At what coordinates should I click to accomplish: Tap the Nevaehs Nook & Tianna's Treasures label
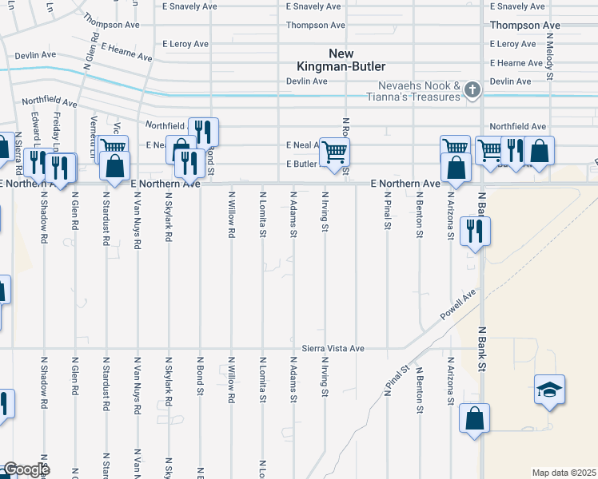[420, 91]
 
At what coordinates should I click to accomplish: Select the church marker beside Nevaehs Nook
[472, 89]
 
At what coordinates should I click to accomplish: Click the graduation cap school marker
[549, 390]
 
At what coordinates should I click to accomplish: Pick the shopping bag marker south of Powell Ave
[474, 418]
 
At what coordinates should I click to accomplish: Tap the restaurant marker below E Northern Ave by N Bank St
[475, 232]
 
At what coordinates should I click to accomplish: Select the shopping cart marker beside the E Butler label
[335, 151]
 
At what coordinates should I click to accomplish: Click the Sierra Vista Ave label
[333, 349]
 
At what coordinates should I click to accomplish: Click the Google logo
[26, 469]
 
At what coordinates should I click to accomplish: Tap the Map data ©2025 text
[563, 473]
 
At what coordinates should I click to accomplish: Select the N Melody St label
[551, 63]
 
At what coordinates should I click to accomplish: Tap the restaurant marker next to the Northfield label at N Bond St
[203, 132]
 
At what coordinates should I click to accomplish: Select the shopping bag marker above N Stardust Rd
[115, 166]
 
